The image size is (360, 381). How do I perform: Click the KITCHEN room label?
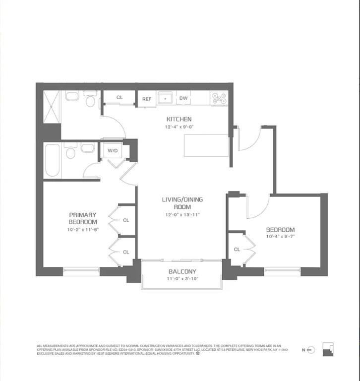179,119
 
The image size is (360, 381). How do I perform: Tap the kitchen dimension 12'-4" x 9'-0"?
179,127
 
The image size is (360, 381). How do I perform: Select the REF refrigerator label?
147,99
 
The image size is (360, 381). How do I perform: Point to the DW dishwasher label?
183,98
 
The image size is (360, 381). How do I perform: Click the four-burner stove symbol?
219,98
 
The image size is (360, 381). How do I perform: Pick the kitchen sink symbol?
165,98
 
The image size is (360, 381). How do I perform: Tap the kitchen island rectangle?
206,145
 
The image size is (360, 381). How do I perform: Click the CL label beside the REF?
120,98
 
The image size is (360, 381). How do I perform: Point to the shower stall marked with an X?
52,107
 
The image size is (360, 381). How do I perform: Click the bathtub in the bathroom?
52,160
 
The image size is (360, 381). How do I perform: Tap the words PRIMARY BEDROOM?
82,218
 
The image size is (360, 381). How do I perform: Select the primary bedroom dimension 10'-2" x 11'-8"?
82,230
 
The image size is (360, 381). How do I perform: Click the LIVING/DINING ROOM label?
182,203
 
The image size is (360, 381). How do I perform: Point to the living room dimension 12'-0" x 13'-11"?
182,215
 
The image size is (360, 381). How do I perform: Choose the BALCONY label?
182,271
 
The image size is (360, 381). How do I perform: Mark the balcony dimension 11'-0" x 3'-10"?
182,279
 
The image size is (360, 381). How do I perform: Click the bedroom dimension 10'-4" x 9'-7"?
280,237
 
